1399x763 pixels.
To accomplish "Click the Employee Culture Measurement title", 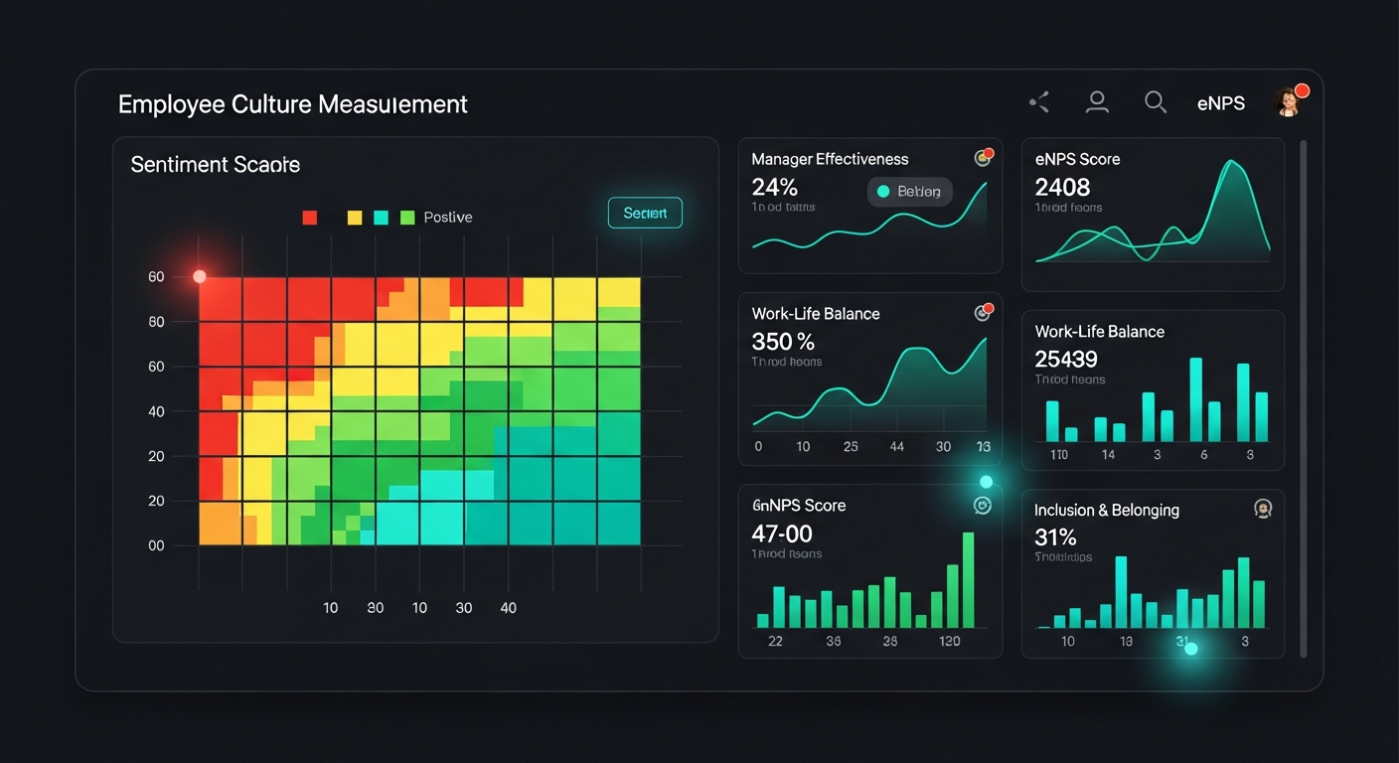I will point(292,104).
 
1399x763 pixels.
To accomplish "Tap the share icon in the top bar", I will point(1039,101).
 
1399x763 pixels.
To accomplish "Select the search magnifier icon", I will point(1155,101).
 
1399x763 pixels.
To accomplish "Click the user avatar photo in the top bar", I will point(1288,101).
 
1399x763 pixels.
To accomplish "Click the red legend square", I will point(309,218).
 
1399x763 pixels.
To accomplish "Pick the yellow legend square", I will point(354,218).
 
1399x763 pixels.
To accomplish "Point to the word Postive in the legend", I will point(447,218).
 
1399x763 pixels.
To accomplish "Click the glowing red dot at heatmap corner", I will point(199,276).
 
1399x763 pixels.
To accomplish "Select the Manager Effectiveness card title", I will point(830,159).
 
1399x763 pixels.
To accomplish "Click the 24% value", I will point(775,187).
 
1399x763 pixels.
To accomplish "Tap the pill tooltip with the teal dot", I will point(909,192).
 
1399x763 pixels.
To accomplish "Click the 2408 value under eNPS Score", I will point(1062,187).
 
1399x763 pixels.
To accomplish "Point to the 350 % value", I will point(783,342).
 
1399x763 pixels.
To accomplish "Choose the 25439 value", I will point(1066,359).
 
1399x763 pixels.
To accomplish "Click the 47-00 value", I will point(782,534).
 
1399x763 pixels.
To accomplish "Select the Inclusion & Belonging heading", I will point(1106,510).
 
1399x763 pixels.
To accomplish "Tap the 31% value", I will point(1055,537).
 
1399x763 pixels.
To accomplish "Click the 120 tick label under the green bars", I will point(949,641).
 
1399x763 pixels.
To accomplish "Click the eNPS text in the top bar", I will point(1220,103).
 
